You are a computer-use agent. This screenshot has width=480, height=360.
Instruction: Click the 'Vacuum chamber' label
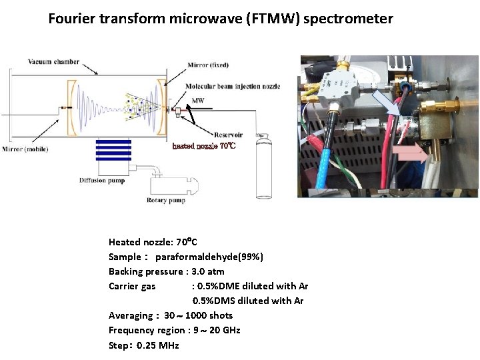coord(53,63)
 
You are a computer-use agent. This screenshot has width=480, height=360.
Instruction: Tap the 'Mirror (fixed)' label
coord(208,65)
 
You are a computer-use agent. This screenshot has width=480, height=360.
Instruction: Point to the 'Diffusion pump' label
coord(101,181)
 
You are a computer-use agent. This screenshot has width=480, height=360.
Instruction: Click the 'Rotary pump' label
coord(166,200)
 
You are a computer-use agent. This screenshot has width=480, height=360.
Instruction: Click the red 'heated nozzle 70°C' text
coord(204,145)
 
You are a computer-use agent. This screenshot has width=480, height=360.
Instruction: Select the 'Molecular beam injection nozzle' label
coord(233,86)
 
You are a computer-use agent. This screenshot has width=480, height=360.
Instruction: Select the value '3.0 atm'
coord(207,271)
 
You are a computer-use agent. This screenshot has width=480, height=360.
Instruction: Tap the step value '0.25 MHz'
coord(158,345)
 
